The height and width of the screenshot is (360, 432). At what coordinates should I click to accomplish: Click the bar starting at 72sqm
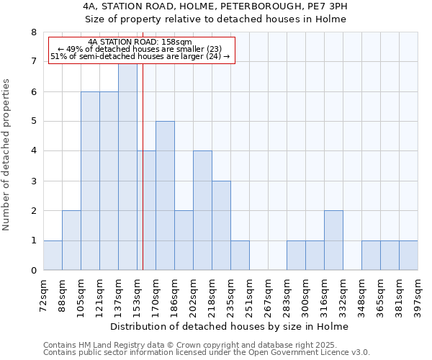[53, 256]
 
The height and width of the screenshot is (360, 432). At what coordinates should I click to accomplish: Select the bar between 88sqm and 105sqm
[71, 240]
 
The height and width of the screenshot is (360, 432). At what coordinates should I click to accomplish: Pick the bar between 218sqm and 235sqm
[221, 226]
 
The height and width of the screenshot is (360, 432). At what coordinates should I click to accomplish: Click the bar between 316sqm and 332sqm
[333, 240]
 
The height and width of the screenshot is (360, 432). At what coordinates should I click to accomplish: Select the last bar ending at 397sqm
[408, 256]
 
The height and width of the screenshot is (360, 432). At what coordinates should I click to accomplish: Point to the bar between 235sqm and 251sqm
[240, 256]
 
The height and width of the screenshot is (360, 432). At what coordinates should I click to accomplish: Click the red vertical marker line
[143, 180]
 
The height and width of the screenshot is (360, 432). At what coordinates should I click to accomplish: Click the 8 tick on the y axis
[33, 32]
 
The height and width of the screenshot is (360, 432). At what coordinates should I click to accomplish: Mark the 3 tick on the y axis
[33, 181]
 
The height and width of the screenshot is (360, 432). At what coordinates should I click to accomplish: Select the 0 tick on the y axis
[33, 271]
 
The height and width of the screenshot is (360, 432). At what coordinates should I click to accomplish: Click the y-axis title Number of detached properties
[7, 155]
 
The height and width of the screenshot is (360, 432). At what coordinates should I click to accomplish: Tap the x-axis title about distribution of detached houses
[230, 327]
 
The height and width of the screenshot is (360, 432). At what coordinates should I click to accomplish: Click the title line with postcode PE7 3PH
[215, 6]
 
